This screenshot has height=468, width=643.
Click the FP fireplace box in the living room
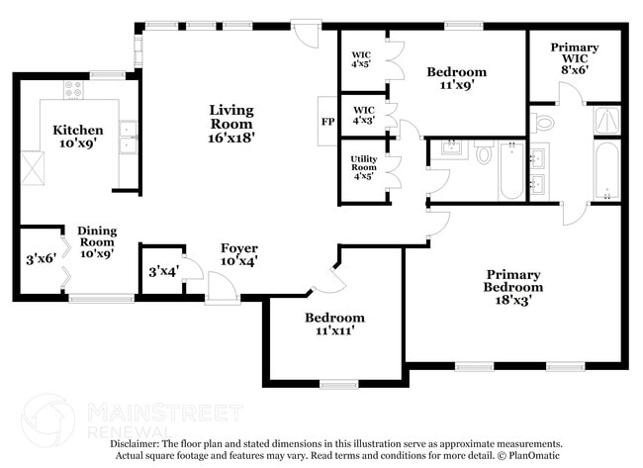coord(327,123)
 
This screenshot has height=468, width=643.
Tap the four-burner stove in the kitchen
coord(74,90)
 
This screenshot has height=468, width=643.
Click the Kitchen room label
coord(77,137)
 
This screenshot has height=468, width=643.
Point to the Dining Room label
coord(97,241)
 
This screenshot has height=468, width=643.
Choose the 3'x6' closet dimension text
coord(40,260)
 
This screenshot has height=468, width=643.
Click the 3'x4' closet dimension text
coord(162,271)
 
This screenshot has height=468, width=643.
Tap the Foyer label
coord(239,255)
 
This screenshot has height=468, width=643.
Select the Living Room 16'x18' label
coord(231,125)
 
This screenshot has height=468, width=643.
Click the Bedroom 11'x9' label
coord(456,78)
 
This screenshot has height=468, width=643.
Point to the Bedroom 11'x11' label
coord(333,324)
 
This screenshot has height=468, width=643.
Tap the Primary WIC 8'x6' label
coord(575,58)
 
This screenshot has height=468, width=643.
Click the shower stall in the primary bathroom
coord(605,121)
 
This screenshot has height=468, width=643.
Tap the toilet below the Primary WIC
coord(543,122)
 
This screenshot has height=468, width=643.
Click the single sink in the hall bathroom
coord(450,149)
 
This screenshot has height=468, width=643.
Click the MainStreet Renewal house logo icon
coord(47,420)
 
